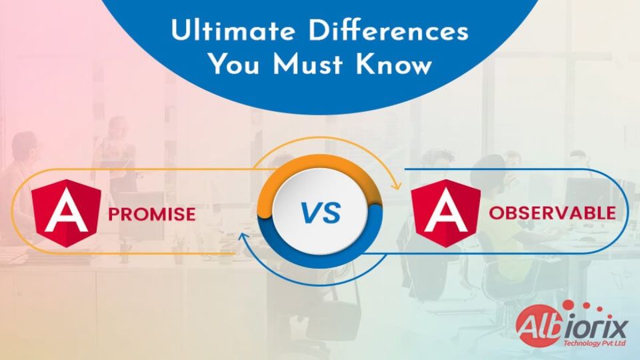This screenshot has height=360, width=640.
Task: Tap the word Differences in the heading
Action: click(x=389, y=31)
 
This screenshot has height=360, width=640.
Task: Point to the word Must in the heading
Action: click(x=307, y=64)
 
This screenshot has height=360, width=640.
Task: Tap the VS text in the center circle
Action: click(x=321, y=213)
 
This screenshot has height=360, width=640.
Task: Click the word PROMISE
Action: click(x=152, y=215)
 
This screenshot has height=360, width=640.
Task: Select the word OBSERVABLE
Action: click(x=552, y=213)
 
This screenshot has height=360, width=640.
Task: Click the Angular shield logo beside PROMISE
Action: click(x=66, y=213)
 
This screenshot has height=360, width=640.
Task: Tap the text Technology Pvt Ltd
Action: click(x=594, y=343)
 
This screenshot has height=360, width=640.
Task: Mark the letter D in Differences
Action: click(x=319, y=31)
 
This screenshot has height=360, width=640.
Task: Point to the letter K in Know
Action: click(x=365, y=65)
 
